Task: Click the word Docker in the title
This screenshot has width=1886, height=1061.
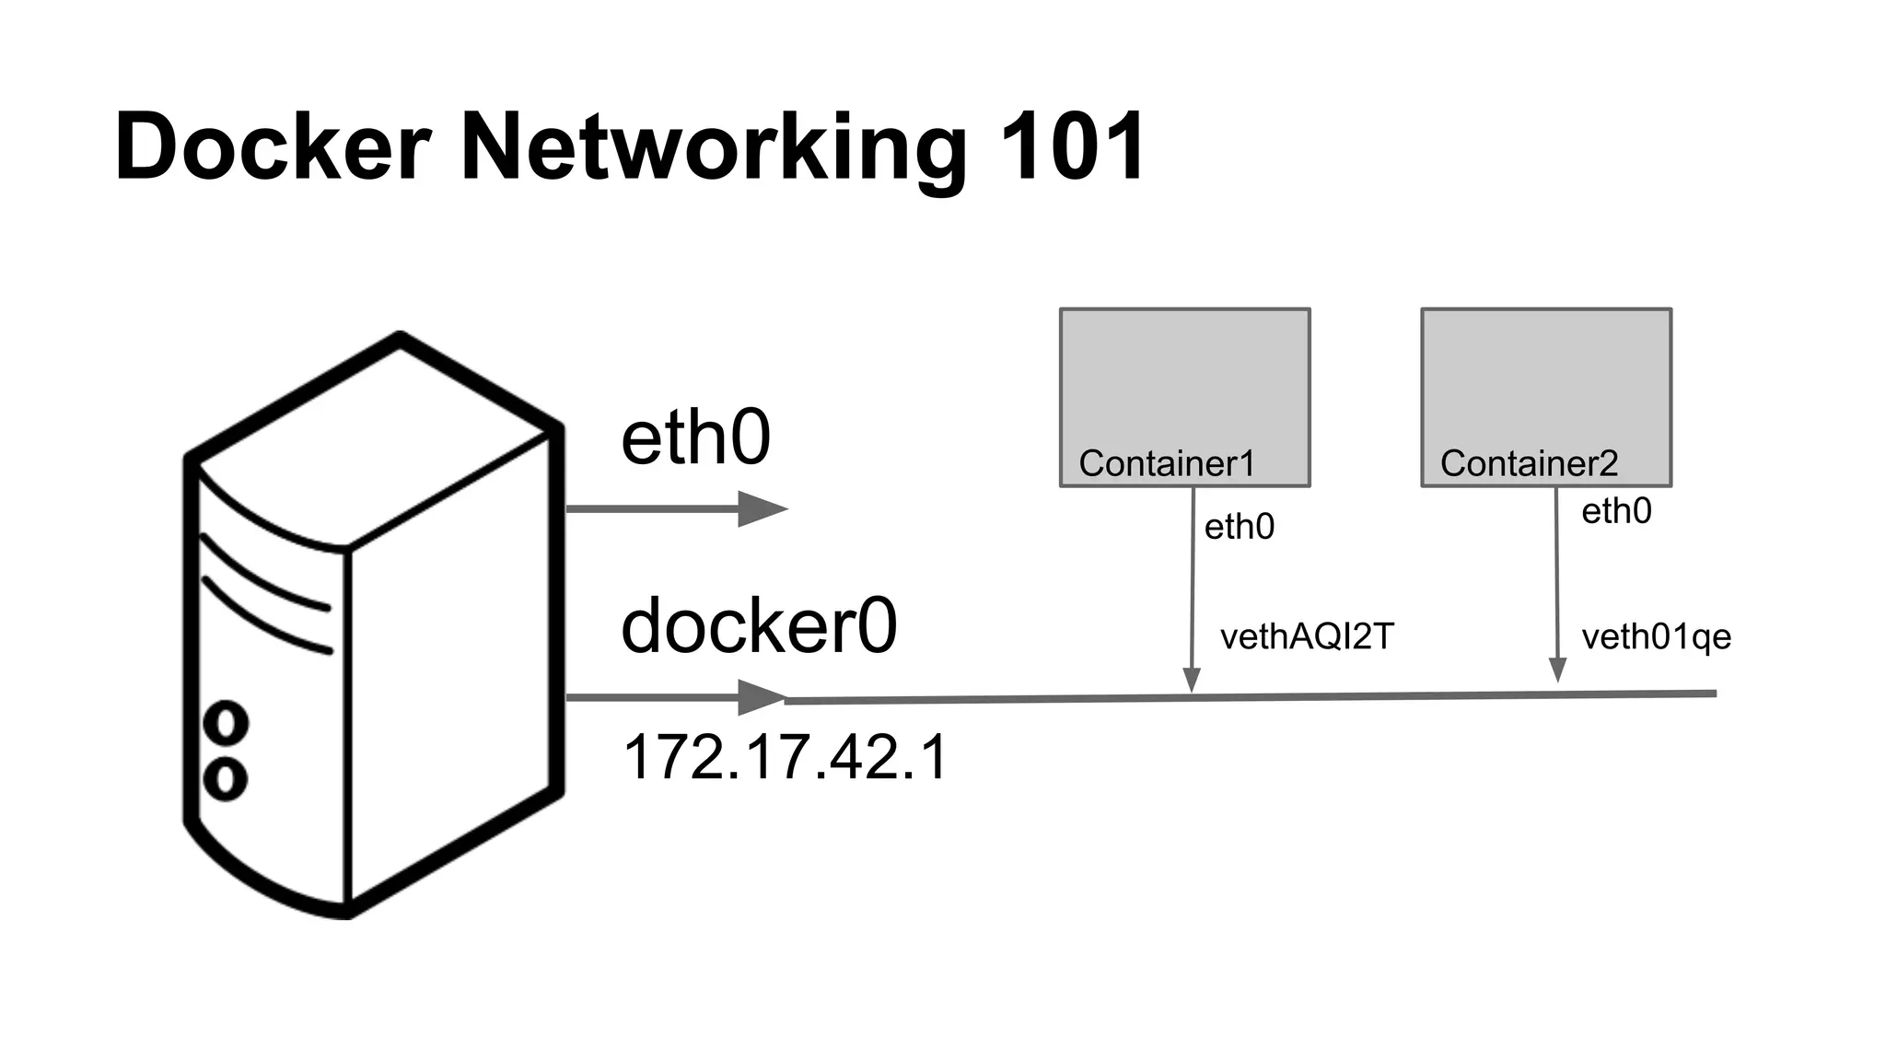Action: tap(274, 147)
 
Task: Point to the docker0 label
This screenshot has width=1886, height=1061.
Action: tap(759, 626)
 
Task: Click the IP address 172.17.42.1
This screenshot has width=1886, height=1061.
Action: tap(785, 758)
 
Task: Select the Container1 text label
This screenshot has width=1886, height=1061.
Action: tap(1167, 463)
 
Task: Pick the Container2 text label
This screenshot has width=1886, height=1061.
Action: tap(1529, 463)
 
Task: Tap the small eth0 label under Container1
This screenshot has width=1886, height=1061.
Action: tap(1240, 527)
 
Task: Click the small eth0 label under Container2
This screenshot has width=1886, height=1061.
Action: tap(1616, 511)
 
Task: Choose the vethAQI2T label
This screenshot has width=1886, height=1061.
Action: tap(1307, 636)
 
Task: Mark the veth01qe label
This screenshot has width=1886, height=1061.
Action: tap(1656, 636)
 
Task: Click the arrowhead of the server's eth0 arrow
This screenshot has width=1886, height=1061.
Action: tap(762, 508)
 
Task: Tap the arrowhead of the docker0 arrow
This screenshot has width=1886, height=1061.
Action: tap(762, 698)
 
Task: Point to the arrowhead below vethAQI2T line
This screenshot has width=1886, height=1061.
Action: tap(1192, 680)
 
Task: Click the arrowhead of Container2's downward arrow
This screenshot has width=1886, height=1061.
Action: tap(1557, 670)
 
